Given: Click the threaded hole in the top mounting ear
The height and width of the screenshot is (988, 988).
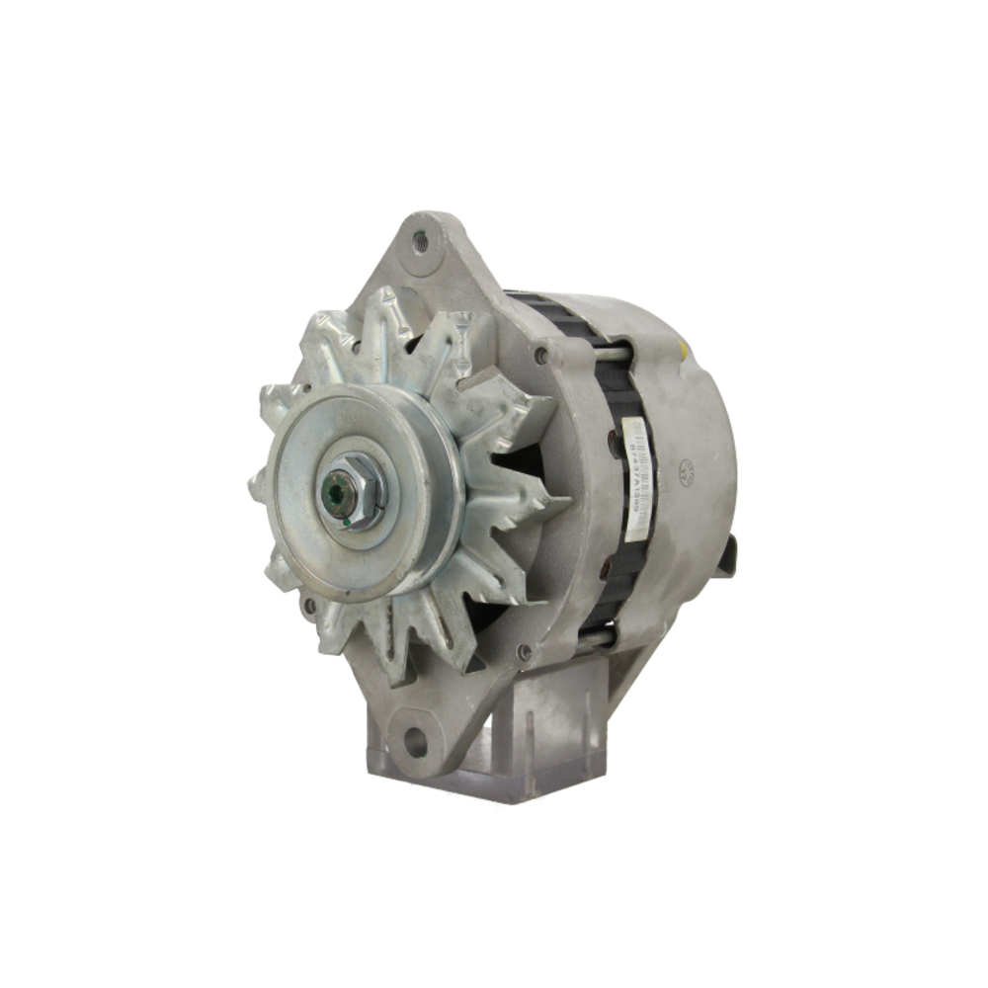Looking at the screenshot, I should [x=420, y=238].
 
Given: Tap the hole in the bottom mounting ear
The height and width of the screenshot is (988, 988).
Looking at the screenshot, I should [x=415, y=741].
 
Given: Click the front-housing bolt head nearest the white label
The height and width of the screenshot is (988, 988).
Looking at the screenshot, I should [x=541, y=355].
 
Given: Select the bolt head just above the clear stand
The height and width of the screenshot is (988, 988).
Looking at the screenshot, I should [x=524, y=651].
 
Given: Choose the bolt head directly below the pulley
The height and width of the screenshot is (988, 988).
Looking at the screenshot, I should [x=309, y=605].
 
